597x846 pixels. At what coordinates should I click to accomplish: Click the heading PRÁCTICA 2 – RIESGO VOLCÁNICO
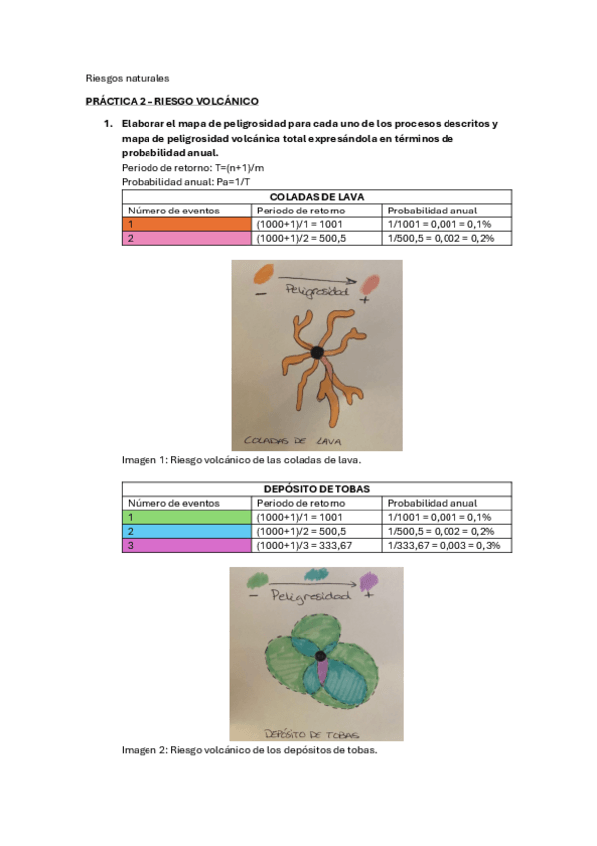pos(171,101)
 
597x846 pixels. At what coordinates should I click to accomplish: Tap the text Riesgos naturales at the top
pos(128,77)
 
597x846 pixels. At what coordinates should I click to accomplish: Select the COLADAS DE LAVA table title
pos(316,198)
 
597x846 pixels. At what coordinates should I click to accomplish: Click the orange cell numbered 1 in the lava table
pos(186,225)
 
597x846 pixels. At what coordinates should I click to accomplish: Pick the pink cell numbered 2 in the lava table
pos(186,239)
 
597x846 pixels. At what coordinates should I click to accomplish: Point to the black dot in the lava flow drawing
pos(317,352)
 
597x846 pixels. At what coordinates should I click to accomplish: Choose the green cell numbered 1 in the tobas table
pos(186,518)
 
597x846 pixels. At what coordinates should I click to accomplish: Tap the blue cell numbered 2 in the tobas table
pos(186,532)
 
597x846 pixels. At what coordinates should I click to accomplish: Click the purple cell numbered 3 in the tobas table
pos(186,546)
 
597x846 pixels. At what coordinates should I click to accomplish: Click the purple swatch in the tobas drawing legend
pos(368,579)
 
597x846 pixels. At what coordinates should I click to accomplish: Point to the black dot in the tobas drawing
pos(321,656)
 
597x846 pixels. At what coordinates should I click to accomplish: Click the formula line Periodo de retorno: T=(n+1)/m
pos(192,169)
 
